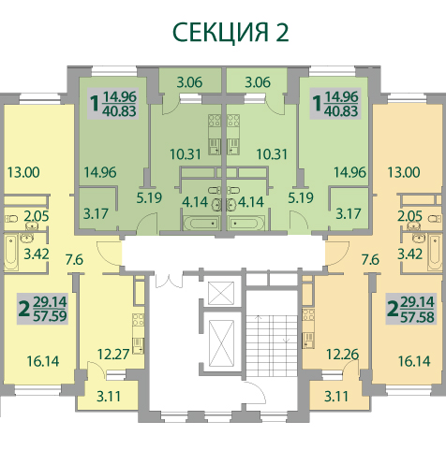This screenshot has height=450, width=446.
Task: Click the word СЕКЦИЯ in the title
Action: click(220, 33)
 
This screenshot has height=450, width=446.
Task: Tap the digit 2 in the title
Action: click(281, 32)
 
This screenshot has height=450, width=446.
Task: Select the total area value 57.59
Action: click(50, 316)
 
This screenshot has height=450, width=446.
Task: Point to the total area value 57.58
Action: click(417, 317)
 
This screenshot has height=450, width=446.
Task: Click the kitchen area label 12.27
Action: click(113, 355)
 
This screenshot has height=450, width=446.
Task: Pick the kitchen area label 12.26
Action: click(343, 355)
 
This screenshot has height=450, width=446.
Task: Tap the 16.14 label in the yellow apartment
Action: click(43, 361)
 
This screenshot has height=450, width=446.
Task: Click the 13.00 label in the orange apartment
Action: click(404, 172)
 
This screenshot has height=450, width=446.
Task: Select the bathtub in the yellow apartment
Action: click(11, 253)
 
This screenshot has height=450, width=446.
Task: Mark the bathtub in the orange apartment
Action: click(435, 253)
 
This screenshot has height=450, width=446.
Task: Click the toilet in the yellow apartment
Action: click(10, 218)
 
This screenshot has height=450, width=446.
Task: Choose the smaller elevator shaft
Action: click(221, 293)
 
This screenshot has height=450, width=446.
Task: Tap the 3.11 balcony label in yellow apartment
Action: click(109, 397)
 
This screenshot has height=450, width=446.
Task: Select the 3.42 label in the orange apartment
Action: click(409, 254)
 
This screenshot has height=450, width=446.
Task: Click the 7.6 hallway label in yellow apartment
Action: click(74, 259)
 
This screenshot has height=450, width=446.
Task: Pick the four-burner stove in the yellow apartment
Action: click(138, 320)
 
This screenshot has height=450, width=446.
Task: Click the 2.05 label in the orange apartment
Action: click(409, 216)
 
